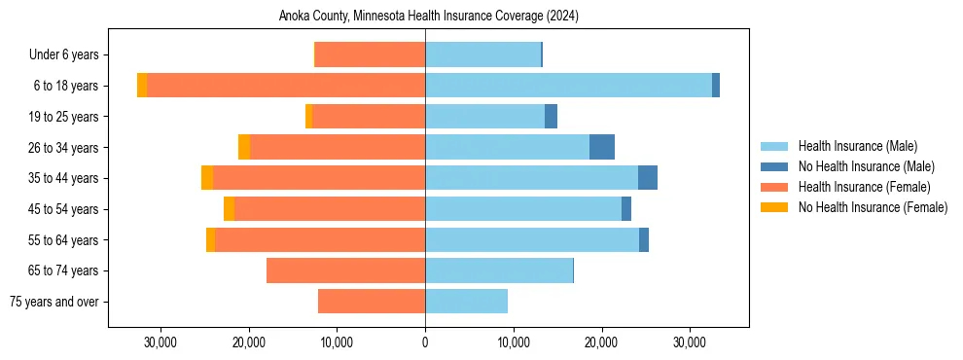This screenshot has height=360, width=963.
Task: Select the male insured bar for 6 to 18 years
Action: tap(568, 86)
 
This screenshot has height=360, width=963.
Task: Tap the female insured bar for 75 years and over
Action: tap(372, 302)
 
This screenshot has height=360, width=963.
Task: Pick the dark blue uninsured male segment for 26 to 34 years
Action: tap(602, 147)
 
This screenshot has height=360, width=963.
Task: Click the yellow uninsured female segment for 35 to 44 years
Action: tap(207, 178)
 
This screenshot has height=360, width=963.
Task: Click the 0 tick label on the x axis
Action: tap(425, 342)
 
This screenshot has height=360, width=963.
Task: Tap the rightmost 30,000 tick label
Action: tap(690, 342)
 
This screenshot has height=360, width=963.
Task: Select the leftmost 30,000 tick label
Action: tap(160, 342)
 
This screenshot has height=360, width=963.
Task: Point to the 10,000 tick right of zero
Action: tap(514, 342)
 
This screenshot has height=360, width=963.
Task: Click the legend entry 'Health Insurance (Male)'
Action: tap(857, 146)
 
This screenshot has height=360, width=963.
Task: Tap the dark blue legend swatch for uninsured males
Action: tap(774, 166)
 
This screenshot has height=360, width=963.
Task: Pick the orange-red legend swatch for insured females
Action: tap(774, 187)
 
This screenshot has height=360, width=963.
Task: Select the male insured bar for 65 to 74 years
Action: tap(499, 270)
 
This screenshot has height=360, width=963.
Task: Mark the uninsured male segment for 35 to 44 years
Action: tap(648, 178)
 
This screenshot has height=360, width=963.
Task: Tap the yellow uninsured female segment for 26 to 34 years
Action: tap(244, 147)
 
